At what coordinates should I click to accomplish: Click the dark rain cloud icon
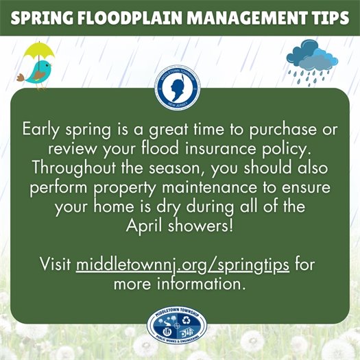(x=313, y=56)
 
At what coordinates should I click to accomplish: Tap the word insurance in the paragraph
(x=240, y=149)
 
